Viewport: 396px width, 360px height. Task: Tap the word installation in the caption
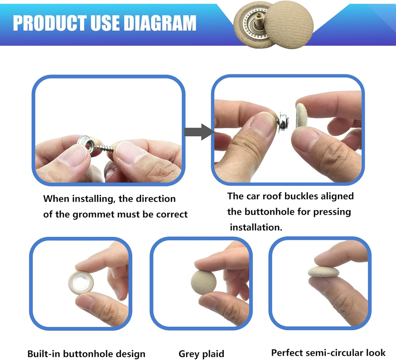point(256,227)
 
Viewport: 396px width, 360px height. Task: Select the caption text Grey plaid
point(201,354)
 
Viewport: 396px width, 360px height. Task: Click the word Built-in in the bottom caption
point(43,354)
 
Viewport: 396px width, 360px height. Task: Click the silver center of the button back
point(81,282)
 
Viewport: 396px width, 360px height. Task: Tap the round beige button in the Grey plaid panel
point(204,282)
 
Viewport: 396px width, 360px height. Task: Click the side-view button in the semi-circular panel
point(324,271)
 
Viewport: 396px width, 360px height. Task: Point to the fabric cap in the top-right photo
point(301,116)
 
